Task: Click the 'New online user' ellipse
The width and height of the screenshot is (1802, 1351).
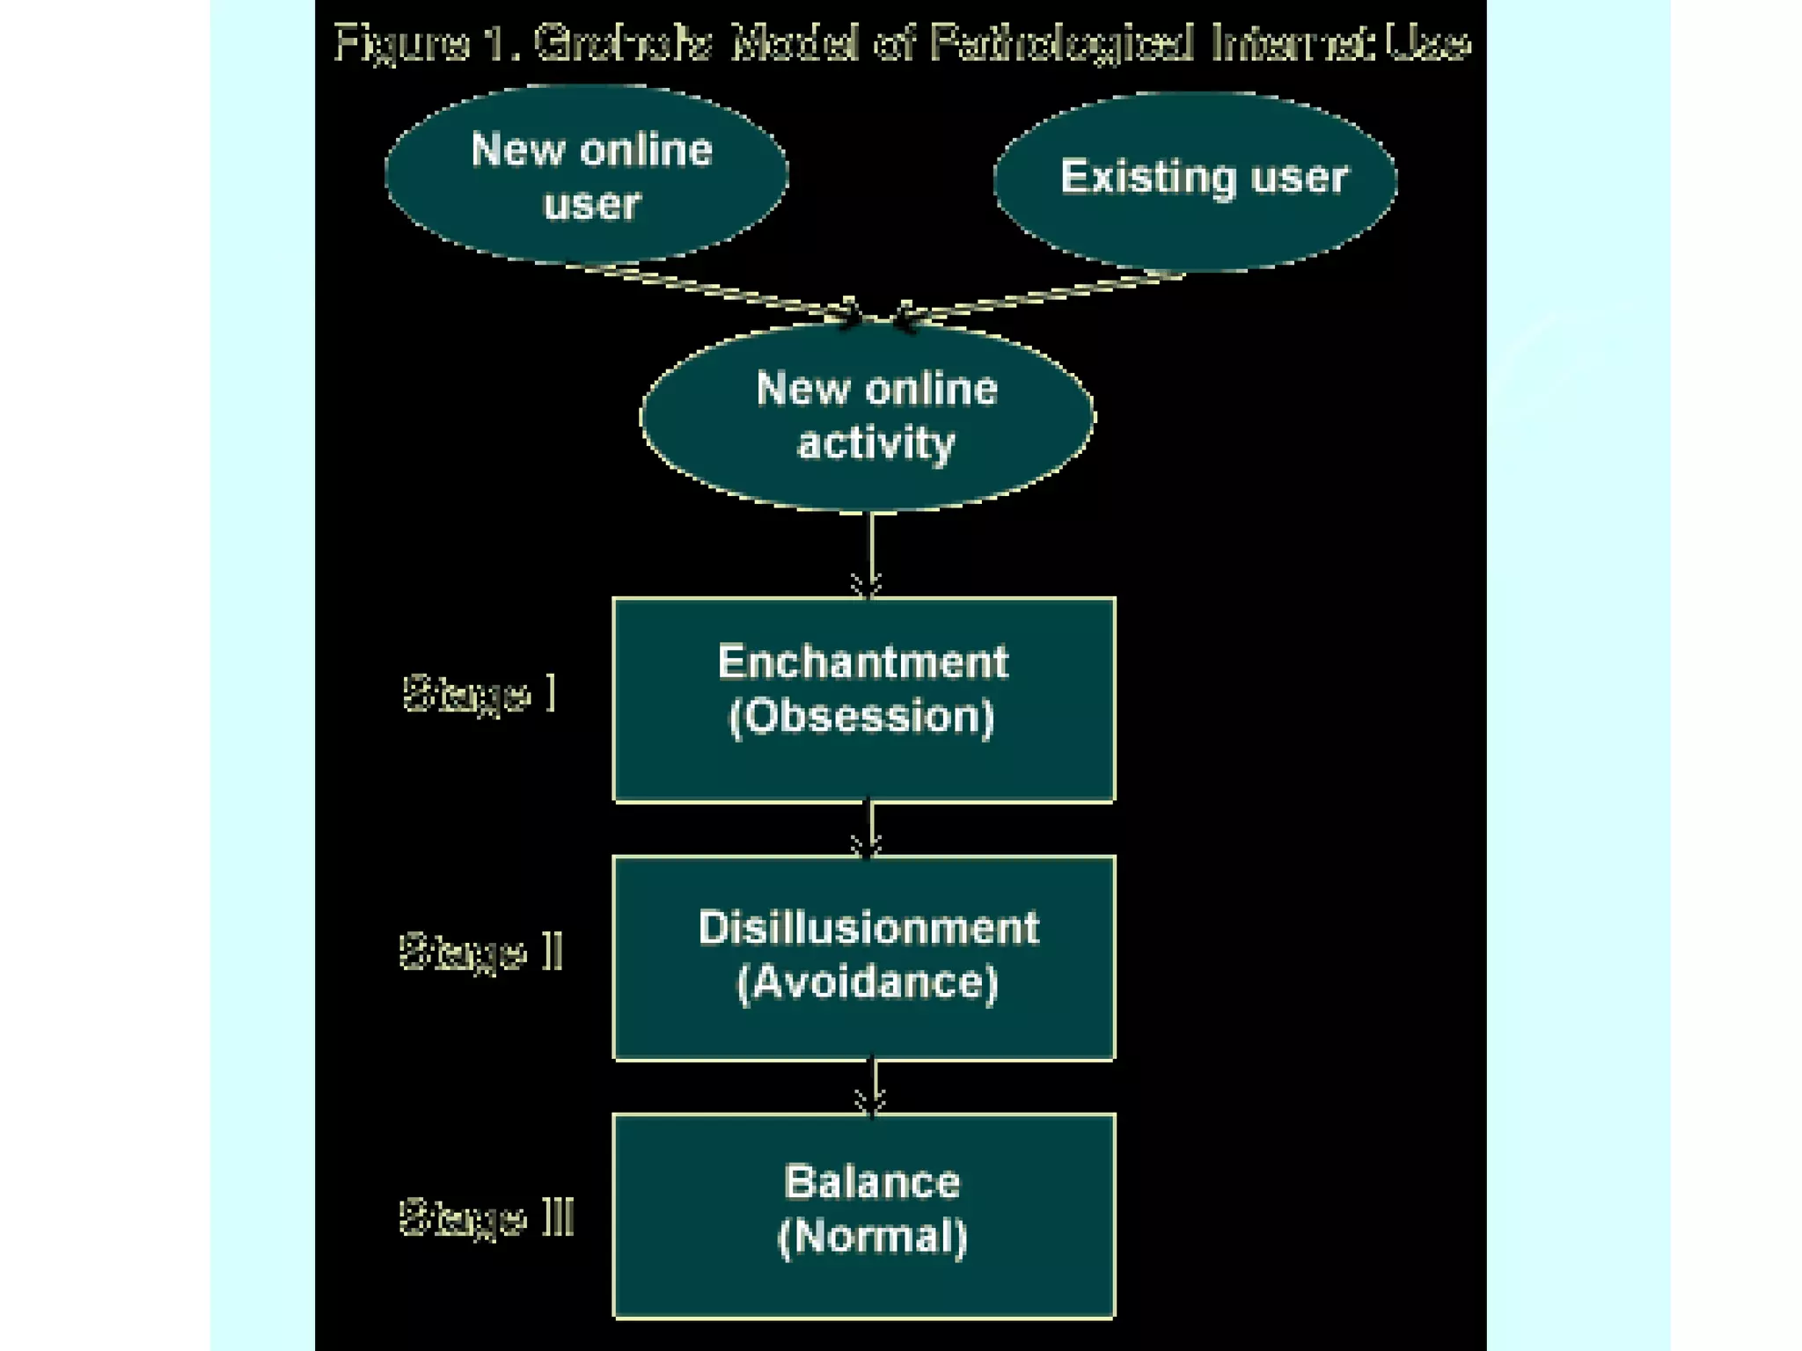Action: coord(587,175)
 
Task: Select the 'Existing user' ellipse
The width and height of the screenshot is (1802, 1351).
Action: coord(1195,181)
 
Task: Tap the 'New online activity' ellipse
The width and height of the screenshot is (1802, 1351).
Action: coord(868,415)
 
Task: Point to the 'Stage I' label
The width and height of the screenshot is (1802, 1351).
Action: coord(480,694)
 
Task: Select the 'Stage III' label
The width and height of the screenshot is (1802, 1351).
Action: coord(487,1217)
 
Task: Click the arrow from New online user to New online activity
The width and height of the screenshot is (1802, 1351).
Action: coord(722,289)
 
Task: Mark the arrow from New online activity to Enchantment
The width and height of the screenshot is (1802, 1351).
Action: coord(871,554)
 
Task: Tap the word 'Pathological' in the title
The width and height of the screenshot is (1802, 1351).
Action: coord(1061,43)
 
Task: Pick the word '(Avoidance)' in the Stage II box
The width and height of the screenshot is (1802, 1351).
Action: coord(868,982)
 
